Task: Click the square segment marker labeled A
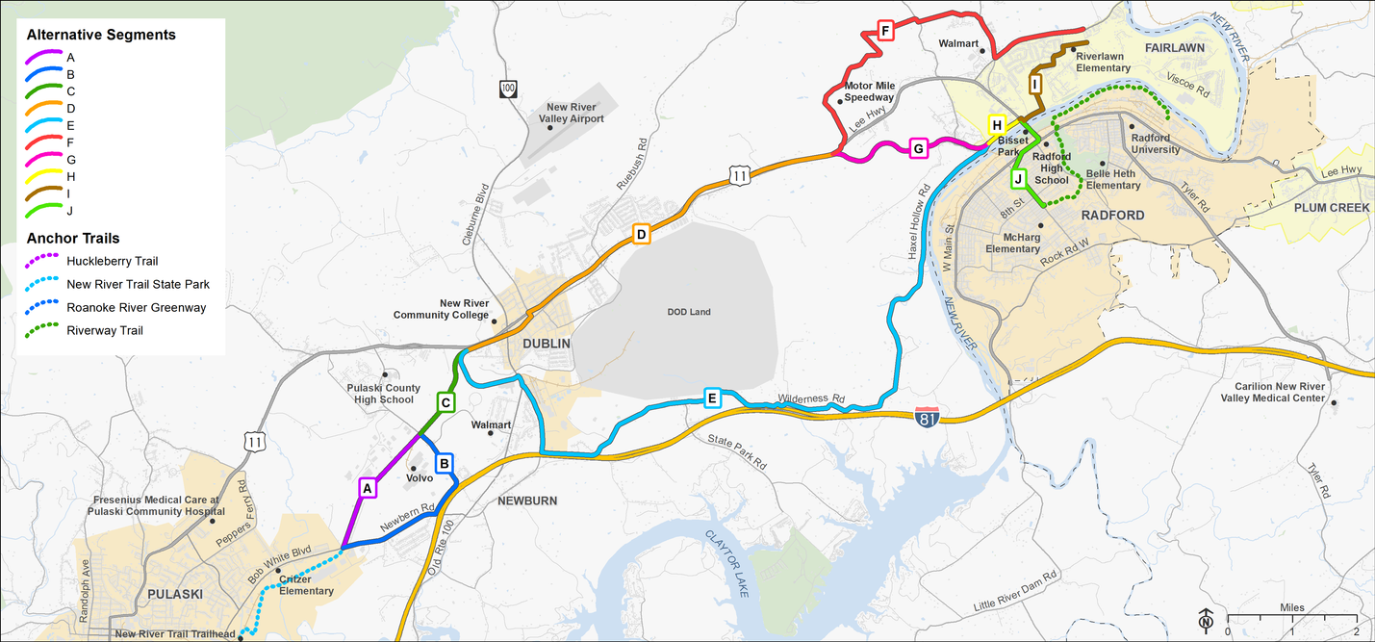[x=366, y=488]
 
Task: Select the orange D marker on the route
[x=642, y=234]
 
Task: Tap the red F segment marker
[x=884, y=32]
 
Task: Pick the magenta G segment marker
[x=918, y=148]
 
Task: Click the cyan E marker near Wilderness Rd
[x=712, y=398]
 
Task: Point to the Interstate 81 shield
[x=927, y=417]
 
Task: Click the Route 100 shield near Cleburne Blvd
[x=508, y=89]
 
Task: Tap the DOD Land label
[x=688, y=312]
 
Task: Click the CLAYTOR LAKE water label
[x=727, y=564]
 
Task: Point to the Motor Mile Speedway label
[x=870, y=91]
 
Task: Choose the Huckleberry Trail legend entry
[x=112, y=261]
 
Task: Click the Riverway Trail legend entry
[x=105, y=330]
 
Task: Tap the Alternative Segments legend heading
[x=101, y=35]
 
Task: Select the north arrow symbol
[x=1206, y=620]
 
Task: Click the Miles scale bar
[x=1291, y=618]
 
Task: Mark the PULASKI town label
[x=174, y=594]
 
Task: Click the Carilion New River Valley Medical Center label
[x=1272, y=392]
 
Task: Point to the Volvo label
[x=420, y=477]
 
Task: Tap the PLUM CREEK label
[x=1332, y=207]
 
